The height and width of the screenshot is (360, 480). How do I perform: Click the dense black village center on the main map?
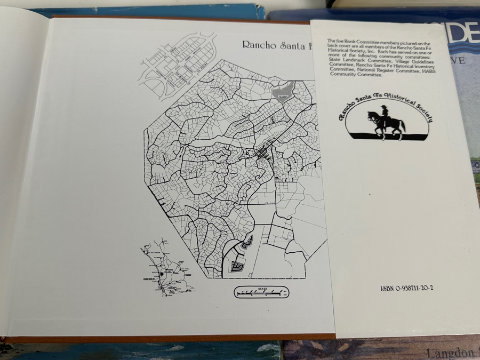(x=263, y=155)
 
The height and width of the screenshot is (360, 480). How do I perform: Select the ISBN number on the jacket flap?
(x=407, y=289)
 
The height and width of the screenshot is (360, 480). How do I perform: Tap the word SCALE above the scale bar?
(x=261, y=289)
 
